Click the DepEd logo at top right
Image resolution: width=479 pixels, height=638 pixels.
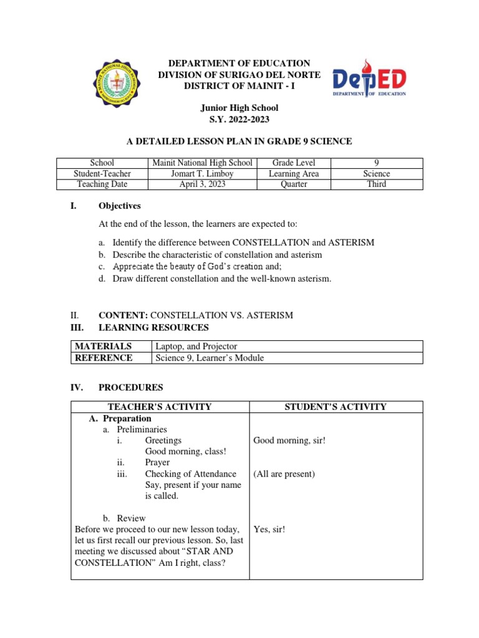point(369,82)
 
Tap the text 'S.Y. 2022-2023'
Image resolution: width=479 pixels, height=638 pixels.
point(239,120)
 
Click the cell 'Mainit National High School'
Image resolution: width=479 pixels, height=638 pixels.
point(203,163)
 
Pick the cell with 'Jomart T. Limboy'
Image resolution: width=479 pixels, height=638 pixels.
point(203,173)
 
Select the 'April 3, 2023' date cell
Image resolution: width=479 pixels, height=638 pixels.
point(203,184)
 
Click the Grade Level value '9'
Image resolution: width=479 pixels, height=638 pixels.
point(377,163)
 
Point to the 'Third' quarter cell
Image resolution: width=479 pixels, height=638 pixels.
point(377,184)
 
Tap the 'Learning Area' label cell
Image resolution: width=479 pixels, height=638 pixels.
point(293,173)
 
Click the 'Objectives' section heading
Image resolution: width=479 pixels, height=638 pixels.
point(120,206)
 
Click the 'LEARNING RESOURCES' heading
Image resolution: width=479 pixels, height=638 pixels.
point(153,327)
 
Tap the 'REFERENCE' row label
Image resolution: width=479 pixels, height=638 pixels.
point(104,358)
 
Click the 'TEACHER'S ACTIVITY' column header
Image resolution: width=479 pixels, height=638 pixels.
point(160,407)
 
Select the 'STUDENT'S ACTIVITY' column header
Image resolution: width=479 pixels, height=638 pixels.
point(336,407)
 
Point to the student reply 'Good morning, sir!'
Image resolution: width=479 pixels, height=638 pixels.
point(289,440)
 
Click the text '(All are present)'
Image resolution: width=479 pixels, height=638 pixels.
point(284,474)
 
